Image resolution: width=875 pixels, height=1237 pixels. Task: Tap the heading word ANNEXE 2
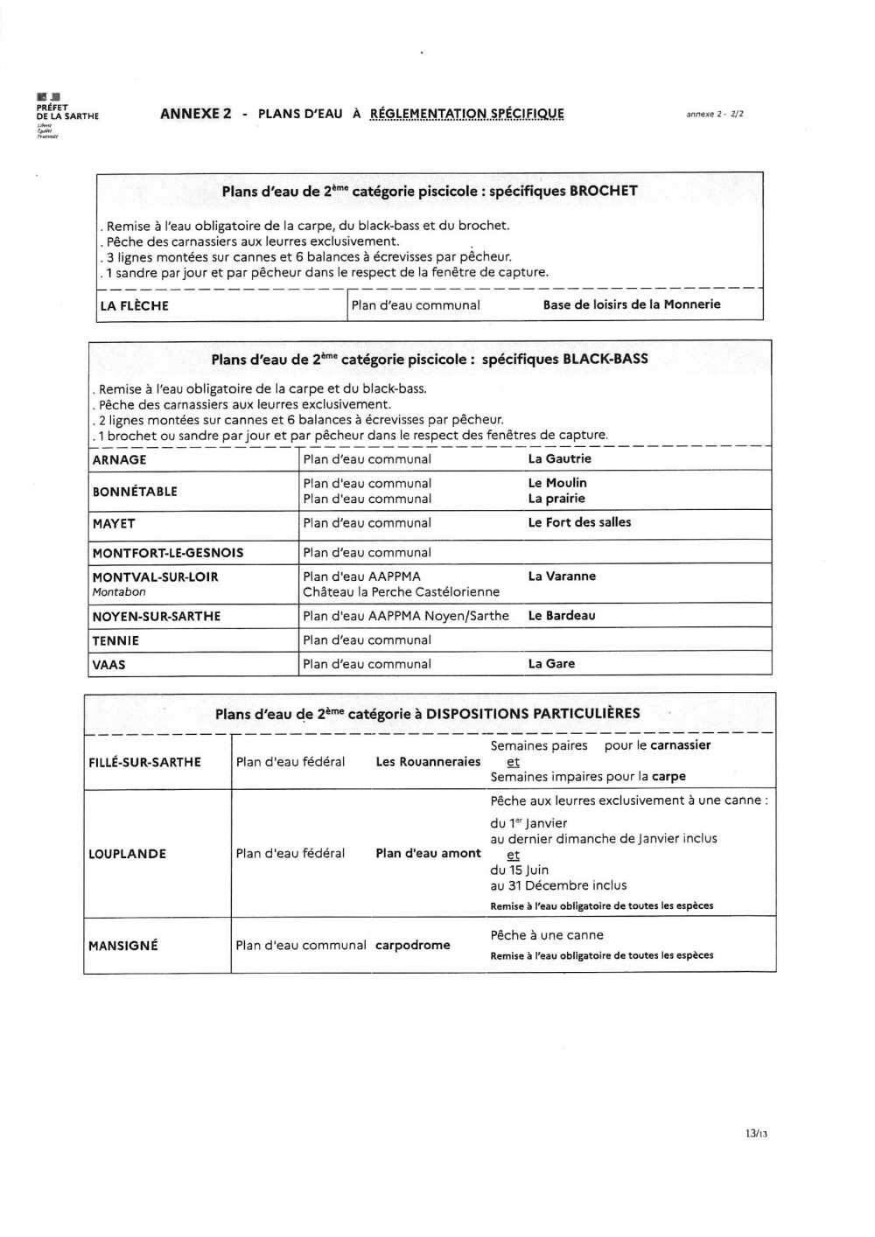pyautogui.click(x=196, y=114)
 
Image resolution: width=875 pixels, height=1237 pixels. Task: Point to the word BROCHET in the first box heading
pyautogui.click(x=604, y=191)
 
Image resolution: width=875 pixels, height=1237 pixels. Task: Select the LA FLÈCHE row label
pyautogui.click(x=134, y=306)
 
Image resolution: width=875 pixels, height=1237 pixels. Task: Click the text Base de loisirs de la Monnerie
pyautogui.click(x=632, y=304)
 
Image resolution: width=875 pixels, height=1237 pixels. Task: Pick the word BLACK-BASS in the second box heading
pyautogui.click(x=605, y=359)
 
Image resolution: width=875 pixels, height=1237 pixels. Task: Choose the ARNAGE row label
pyautogui.click(x=119, y=460)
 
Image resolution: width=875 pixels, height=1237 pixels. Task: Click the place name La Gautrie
pyautogui.click(x=560, y=458)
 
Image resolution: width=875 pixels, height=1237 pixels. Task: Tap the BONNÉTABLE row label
pyautogui.click(x=135, y=492)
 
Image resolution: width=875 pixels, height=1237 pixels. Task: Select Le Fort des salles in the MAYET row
pyautogui.click(x=579, y=522)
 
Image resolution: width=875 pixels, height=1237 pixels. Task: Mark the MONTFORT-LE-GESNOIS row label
pyautogui.click(x=168, y=553)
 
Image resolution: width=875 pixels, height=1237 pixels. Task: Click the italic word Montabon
pyautogui.click(x=119, y=592)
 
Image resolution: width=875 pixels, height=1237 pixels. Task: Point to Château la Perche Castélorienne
pyautogui.click(x=401, y=592)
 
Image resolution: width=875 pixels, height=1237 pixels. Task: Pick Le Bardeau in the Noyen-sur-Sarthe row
pyautogui.click(x=562, y=616)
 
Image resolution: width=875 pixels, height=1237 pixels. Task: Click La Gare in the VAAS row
pyautogui.click(x=551, y=664)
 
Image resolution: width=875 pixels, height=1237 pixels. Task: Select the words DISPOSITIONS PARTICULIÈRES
pyautogui.click(x=533, y=714)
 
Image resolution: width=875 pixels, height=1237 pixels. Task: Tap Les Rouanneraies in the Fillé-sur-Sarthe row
pyautogui.click(x=428, y=762)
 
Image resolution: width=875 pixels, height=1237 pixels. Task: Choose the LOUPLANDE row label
pyautogui.click(x=127, y=854)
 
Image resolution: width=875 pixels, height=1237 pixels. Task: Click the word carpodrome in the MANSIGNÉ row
pyautogui.click(x=413, y=946)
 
